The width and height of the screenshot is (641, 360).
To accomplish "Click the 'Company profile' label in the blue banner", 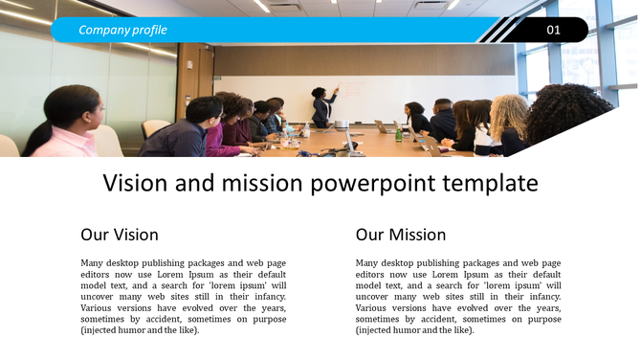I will (122, 30).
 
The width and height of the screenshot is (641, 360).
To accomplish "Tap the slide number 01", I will (553, 31).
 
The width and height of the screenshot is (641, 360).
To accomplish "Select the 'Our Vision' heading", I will (120, 235).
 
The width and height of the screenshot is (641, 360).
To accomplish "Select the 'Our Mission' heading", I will (400, 235).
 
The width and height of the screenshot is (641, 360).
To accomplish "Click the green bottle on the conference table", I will (399, 135).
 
